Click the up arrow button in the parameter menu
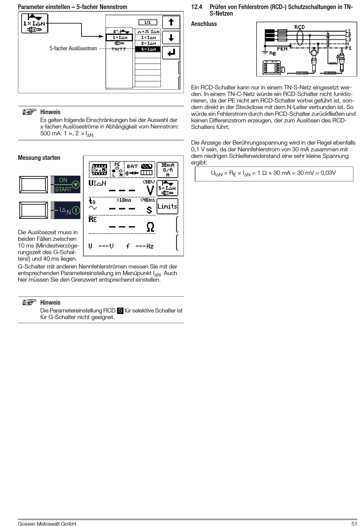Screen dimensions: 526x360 tap(171, 22)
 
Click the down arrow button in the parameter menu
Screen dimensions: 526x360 tap(171, 38)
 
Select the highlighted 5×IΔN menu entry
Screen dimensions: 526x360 tap(148, 49)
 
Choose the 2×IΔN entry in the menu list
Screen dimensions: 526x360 tap(148, 44)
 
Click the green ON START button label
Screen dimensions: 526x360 tap(66, 185)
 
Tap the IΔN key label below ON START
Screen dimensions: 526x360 tap(66, 210)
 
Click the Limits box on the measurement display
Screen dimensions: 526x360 tap(167, 206)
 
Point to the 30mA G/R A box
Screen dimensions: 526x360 tap(167, 170)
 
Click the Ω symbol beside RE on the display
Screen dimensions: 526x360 tap(150, 227)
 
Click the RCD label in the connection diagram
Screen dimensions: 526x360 tap(299, 27)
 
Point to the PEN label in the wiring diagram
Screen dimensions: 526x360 tap(282, 49)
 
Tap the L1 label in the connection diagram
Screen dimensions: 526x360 tap(348, 31)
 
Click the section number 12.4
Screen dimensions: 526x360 tap(197, 7)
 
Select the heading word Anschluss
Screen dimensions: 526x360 tap(204, 24)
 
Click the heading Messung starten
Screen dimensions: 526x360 tap(39, 158)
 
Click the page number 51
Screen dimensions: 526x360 tap(354, 523)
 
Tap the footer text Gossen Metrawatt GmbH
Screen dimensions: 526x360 tap(47, 523)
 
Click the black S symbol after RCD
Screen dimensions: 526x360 tap(120, 311)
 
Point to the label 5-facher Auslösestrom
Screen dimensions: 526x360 tap(73, 49)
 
